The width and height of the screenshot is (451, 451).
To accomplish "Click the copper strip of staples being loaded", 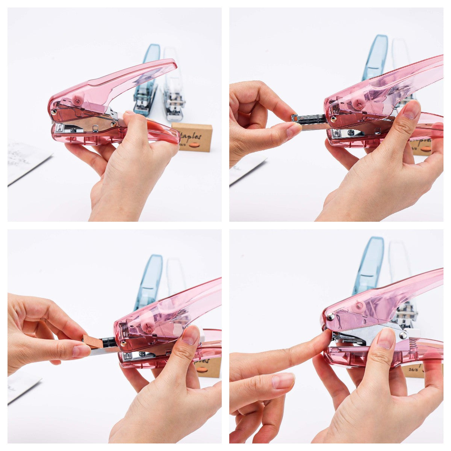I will tap(93, 341).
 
